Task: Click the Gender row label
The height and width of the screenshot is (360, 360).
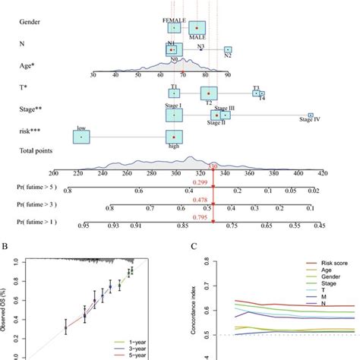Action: [x=30, y=21]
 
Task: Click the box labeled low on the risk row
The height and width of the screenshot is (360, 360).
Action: [x=81, y=137]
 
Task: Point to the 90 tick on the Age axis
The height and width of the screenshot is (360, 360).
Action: [x=228, y=74]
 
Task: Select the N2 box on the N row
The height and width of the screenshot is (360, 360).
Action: [x=228, y=51]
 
